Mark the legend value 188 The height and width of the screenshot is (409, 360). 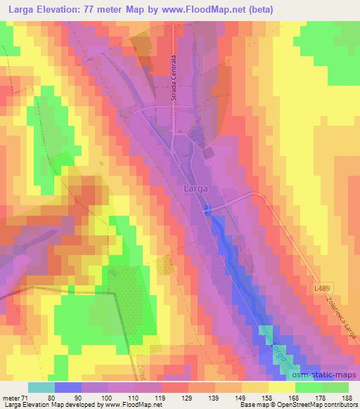347,398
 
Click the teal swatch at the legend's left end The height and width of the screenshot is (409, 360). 41,387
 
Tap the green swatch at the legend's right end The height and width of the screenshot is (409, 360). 335,387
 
